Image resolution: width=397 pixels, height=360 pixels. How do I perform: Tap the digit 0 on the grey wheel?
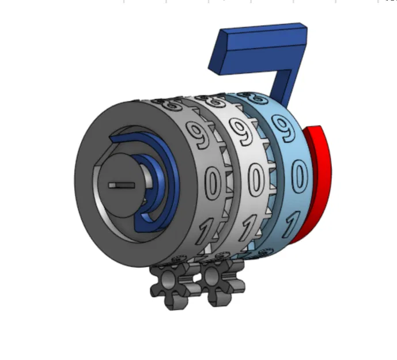point(213,183)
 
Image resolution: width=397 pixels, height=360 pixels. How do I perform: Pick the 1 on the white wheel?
point(252,226)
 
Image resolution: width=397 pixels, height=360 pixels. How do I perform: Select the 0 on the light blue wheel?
point(298,175)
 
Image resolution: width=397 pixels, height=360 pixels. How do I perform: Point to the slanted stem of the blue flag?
point(285,86)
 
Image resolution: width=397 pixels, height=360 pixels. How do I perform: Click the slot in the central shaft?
point(123,185)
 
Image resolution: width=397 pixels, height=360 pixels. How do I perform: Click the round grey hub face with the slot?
point(124,179)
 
